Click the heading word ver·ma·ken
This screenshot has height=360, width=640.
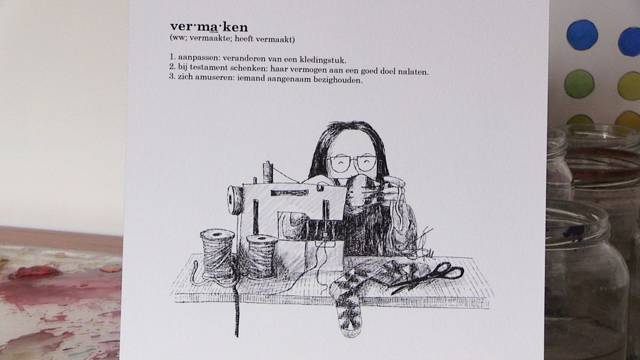[x=209, y=27]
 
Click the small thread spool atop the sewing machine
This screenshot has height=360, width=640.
[x=268, y=172]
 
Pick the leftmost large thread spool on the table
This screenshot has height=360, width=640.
[x=217, y=252]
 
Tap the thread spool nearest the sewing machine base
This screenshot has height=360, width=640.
[x=261, y=255]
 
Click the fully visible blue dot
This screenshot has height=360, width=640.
[x=582, y=35]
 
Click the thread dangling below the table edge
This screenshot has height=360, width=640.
[x=236, y=312]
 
